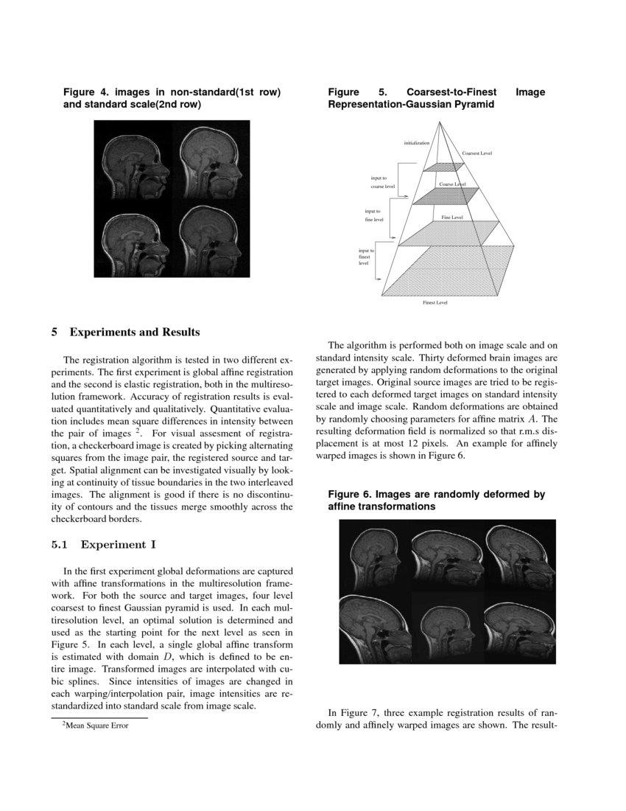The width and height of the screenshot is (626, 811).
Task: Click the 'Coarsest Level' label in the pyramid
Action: coord(476,153)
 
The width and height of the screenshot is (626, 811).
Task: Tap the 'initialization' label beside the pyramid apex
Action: coord(416,142)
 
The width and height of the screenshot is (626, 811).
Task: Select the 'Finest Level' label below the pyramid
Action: coord(435,302)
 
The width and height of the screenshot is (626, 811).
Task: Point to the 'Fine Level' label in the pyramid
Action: coord(451,217)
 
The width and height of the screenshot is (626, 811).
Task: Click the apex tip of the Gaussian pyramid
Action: coord(440,122)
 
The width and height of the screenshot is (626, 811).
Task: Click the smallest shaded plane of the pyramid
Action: coord(440,167)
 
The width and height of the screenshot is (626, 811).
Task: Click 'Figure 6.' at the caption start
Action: coord(350,495)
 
